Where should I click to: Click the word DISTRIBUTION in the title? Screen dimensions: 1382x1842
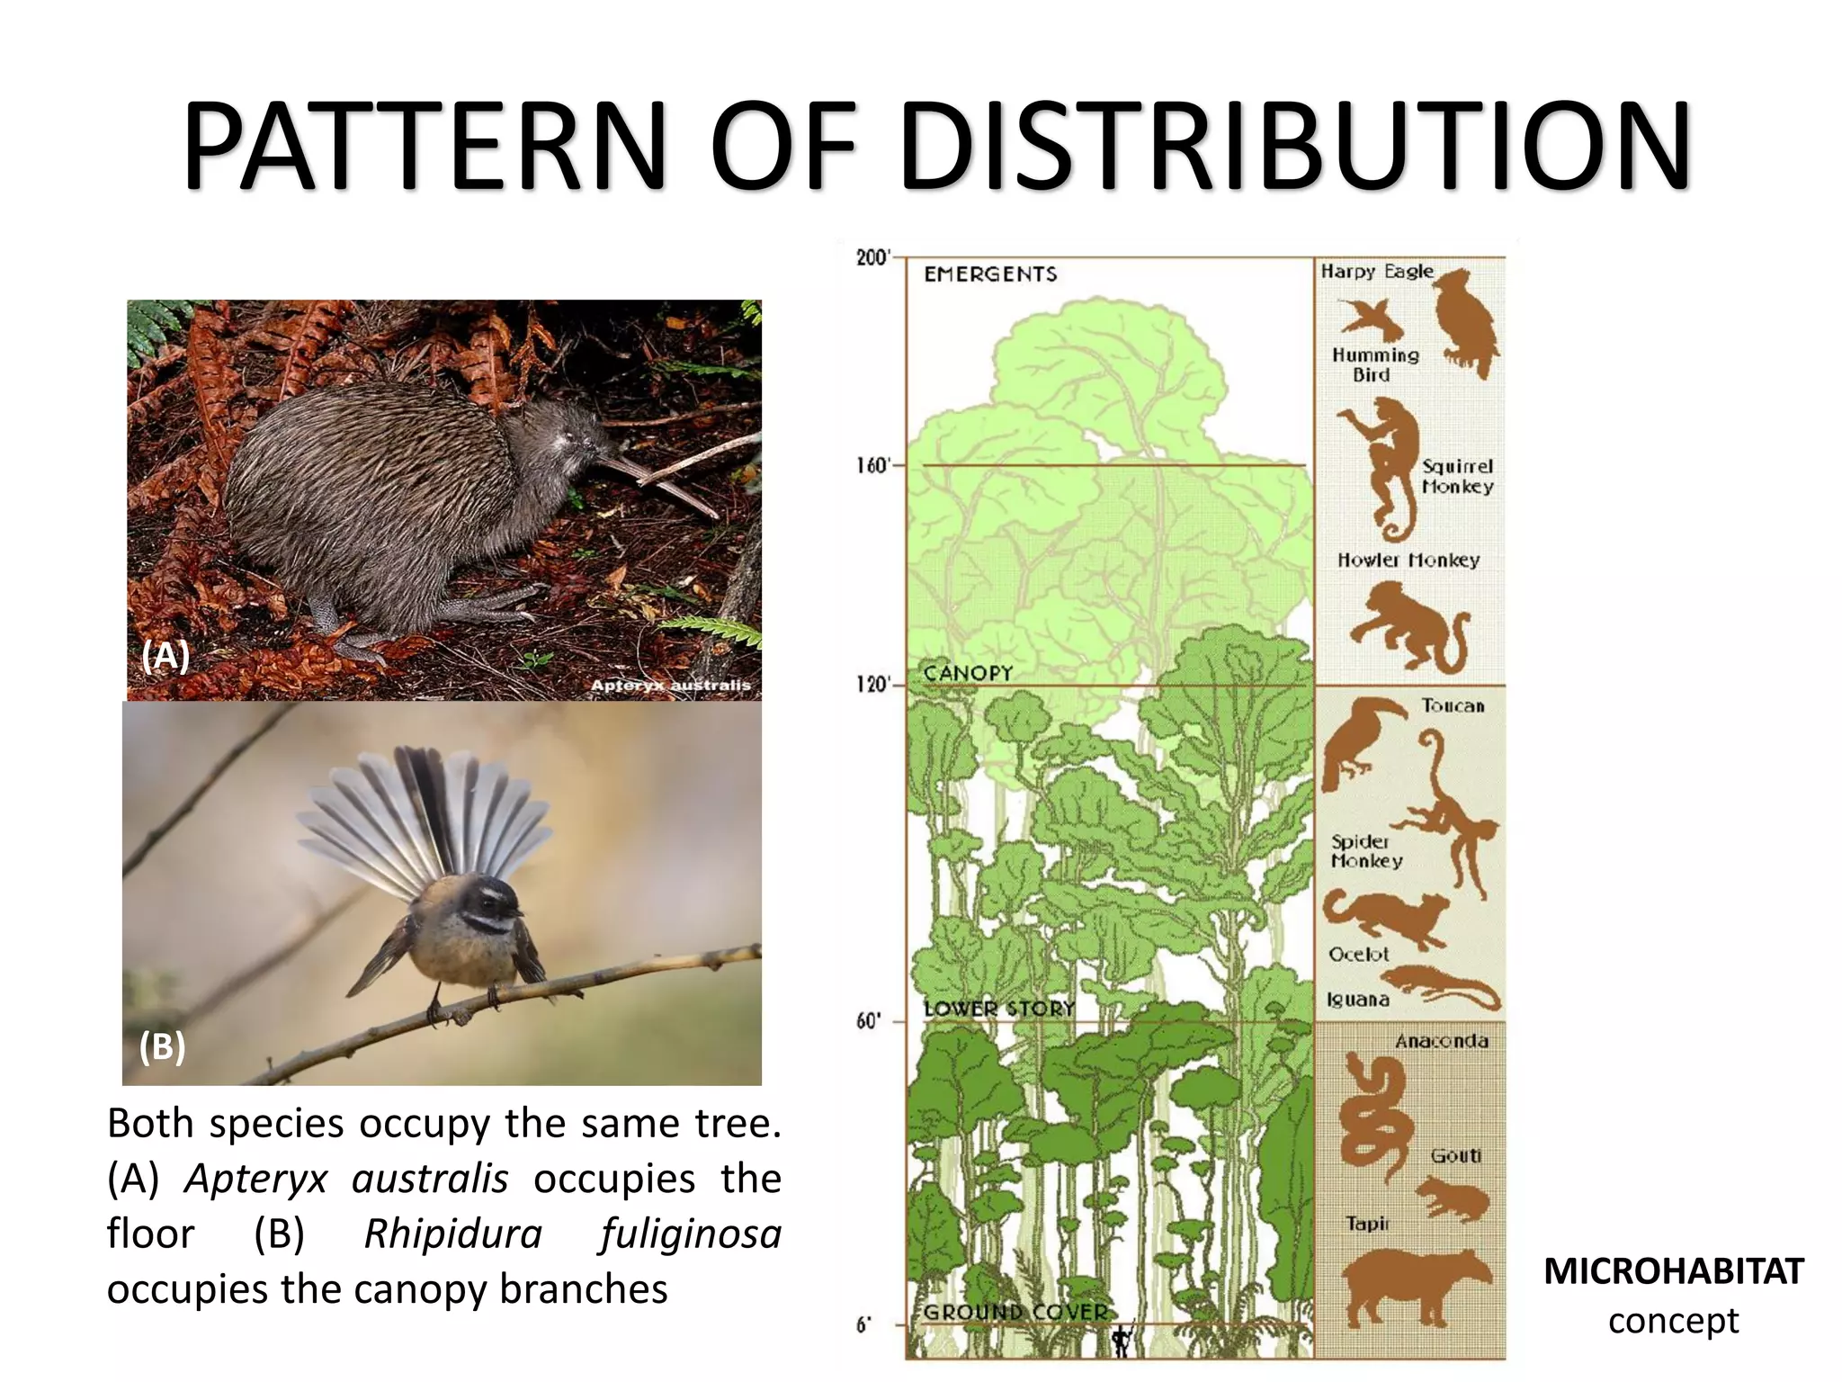coord(1295,146)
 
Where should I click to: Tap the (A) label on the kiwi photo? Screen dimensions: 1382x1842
coord(165,656)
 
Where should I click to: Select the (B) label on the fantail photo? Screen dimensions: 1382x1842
coord(163,1046)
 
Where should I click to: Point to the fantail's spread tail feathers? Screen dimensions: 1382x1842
coord(423,810)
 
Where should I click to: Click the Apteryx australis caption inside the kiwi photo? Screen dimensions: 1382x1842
coord(670,686)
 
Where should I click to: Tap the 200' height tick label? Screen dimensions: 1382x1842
coord(872,258)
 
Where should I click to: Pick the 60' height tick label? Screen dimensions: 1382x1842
coord(869,1021)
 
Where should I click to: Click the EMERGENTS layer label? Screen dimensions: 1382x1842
coord(990,274)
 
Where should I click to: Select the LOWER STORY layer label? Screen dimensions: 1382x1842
coord(999,1009)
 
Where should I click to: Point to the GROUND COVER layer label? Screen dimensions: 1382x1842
coord(1015,1312)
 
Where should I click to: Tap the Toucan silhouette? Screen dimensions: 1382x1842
coord(1358,738)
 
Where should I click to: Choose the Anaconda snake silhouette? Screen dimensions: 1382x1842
coord(1372,1116)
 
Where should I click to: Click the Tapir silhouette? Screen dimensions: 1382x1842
coord(1412,1287)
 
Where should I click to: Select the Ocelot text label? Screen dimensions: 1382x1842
coord(1358,954)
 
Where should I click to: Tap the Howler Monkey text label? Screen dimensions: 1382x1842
coord(1408,560)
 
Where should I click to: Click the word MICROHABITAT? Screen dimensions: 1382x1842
coord(1674,1271)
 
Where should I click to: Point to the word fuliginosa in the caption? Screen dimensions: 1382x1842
coord(691,1234)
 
